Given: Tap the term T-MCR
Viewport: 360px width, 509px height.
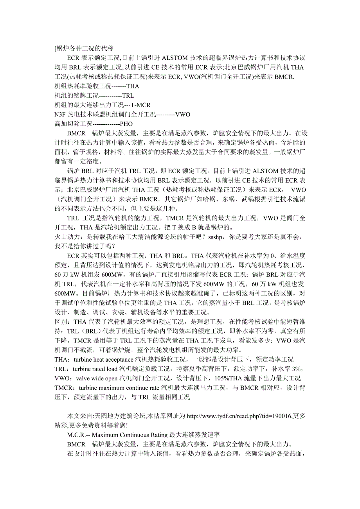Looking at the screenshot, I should pos(140,105).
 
